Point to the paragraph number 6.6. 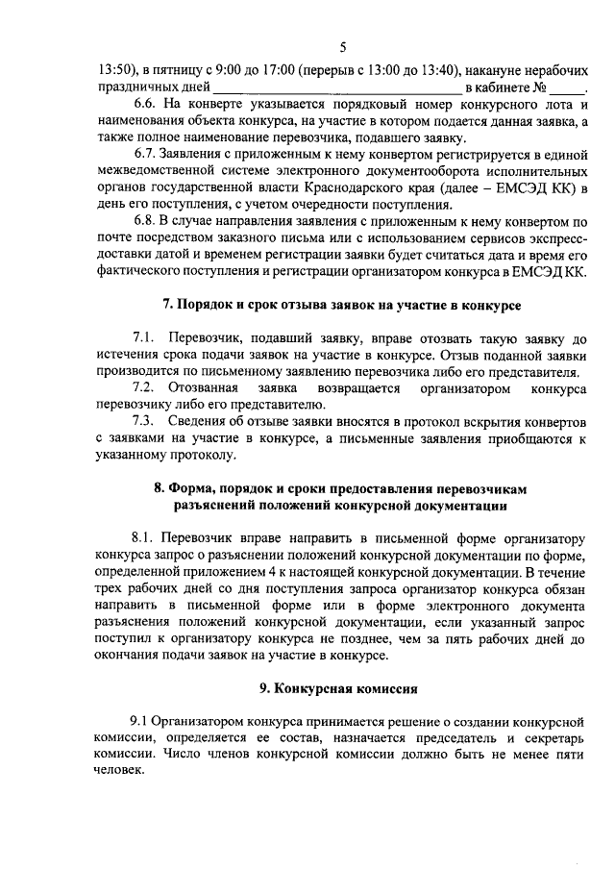[x=145, y=106]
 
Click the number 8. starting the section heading [x=160, y=488]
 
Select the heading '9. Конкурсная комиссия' [x=341, y=689]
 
